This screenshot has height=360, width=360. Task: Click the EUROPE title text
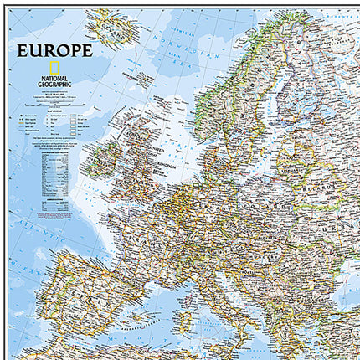point(54,49)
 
